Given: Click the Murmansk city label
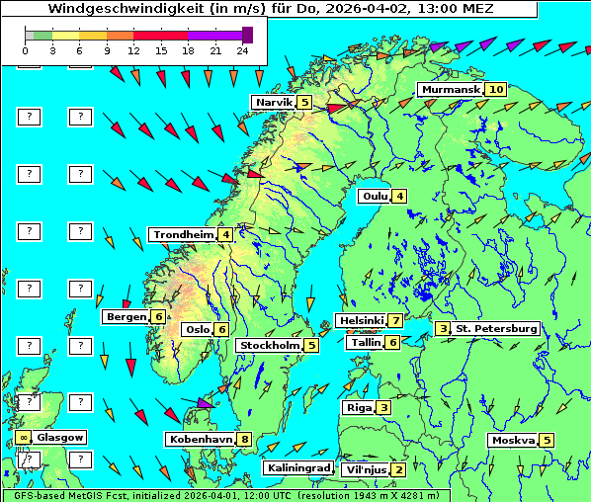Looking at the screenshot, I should tap(450, 89).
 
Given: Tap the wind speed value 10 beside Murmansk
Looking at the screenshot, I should tap(496, 89).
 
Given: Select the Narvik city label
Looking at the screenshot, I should tap(274, 102).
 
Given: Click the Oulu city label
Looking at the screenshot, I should tap(374, 196).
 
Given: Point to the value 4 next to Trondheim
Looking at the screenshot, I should tap(226, 234).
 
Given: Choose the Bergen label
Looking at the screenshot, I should tap(126, 316).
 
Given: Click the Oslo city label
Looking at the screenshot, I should tap(197, 329).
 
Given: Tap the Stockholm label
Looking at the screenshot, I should tap(268, 345).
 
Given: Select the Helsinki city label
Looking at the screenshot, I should tap(360, 320).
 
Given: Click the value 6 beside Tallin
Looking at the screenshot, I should tap(393, 342).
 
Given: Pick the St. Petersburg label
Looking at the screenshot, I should tap(496, 328).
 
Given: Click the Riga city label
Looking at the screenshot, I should tap(357, 407).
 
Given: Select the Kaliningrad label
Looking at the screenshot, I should tap(296, 467).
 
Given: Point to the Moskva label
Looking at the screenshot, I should tap(513, 440).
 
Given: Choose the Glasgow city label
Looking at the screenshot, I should tap(60, 437).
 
